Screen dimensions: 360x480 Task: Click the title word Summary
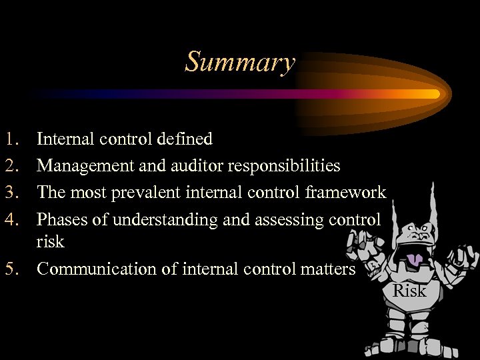pos(240,63)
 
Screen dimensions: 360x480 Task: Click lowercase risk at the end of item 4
pos(50,241)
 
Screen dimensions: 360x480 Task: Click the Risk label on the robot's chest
pos(409,291)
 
